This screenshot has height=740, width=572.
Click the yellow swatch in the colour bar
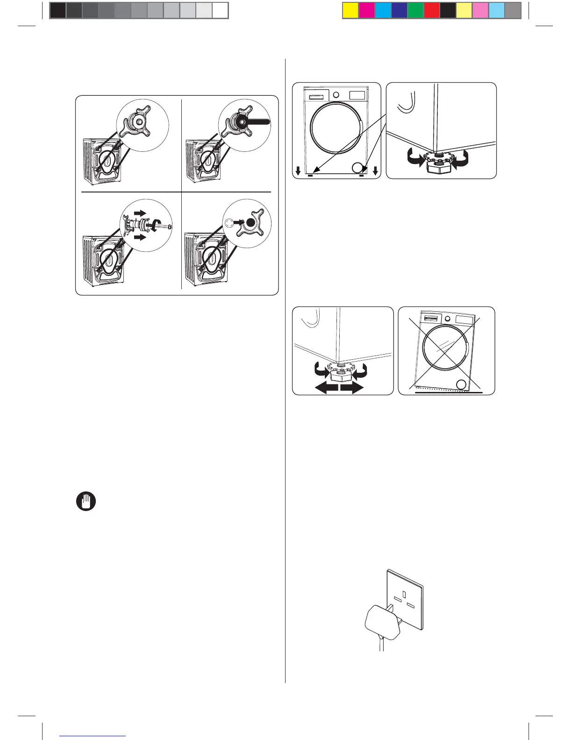tap(350, 10)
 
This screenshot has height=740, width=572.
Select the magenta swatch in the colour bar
tap(367, 10)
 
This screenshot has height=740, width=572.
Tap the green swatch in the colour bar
tap(415, 10)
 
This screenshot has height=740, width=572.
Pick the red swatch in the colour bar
tap(431, 10)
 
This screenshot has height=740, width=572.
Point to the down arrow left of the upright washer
tap(298, 170)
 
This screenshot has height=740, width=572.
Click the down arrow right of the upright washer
tap(376, 170)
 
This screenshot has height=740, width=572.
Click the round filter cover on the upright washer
tap(358, 168)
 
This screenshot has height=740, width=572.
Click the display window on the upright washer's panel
tap(357, 94)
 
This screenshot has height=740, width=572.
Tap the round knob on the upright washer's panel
tap(336, 94)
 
